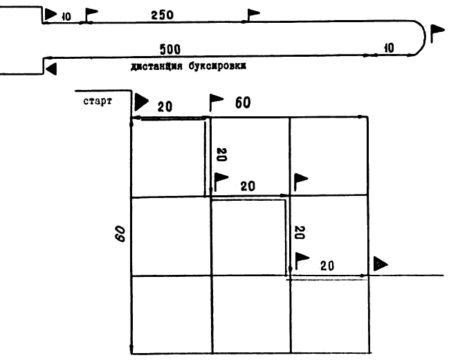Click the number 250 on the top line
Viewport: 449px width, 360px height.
(x=161, y=13)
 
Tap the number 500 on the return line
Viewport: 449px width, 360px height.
(x=170, y=50)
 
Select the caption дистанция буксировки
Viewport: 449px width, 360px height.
(x=188, y=67)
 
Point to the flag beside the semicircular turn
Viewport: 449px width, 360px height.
(x=437, y=33)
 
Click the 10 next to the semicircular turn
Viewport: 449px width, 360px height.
(x=388, y=48)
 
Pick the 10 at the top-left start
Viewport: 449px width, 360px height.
(x=66, y=16)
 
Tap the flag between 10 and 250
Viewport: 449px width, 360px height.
(x=91, y=15)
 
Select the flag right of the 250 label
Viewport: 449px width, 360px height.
(x=254, y=14)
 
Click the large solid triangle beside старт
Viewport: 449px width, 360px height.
(x=141, y=101)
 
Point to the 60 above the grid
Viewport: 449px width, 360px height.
(x=242, y=103)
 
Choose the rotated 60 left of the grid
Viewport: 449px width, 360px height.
(x=120, y=233)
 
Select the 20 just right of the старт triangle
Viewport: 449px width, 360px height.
(x=165, y=106)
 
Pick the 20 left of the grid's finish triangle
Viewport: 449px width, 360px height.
(x=327, y=265)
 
